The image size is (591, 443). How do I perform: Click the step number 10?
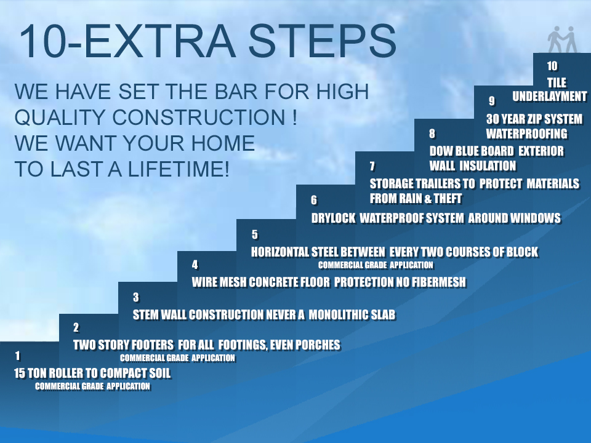tap(552, 66)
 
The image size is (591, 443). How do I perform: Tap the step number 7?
tap(372, 166)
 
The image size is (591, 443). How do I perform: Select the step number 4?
tap(195, 265)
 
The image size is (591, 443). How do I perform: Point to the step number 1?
tap(18, 356)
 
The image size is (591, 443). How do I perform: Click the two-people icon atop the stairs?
tap(563, 39)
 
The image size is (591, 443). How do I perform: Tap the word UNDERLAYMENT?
tap(550, 96)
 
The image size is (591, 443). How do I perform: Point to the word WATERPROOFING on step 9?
tap(526, 134)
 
